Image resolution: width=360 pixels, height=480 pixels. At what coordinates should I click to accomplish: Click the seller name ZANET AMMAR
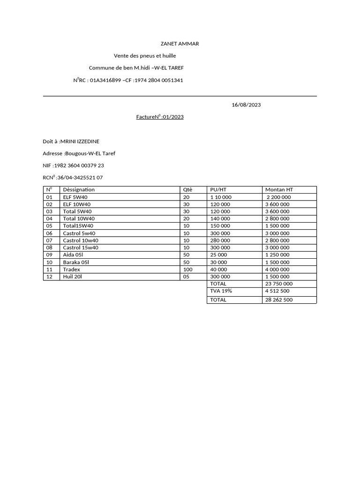click(x=180, y=44)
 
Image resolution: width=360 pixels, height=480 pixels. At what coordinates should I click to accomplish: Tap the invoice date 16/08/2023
click(x=246, y=105)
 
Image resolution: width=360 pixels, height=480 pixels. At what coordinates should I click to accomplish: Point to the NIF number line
click(x=73, y=165)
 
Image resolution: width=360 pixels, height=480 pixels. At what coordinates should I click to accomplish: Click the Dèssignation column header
click(x=79, y=189)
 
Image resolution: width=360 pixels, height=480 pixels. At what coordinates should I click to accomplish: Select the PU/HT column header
click(x=218, y=189)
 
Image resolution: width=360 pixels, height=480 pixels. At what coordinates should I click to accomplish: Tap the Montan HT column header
click(x=279, y=189)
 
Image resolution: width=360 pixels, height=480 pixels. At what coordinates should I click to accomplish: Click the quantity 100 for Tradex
click(x=188, y=269)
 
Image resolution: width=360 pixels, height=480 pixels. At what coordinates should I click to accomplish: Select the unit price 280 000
click(x=220, y=240)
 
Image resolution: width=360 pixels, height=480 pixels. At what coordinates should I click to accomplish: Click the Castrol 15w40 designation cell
click(x=80, y=247)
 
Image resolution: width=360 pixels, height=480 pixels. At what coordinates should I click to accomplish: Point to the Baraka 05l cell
click(x=76, y=262)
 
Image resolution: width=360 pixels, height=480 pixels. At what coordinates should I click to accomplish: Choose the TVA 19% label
click(x=221, y=291)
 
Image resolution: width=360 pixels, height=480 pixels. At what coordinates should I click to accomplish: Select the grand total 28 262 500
click(x=279, y=300)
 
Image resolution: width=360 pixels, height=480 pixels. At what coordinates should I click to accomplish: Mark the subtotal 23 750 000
click(x=279, y=284)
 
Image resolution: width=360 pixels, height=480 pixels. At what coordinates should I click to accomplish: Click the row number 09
click(x=49, y=255)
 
